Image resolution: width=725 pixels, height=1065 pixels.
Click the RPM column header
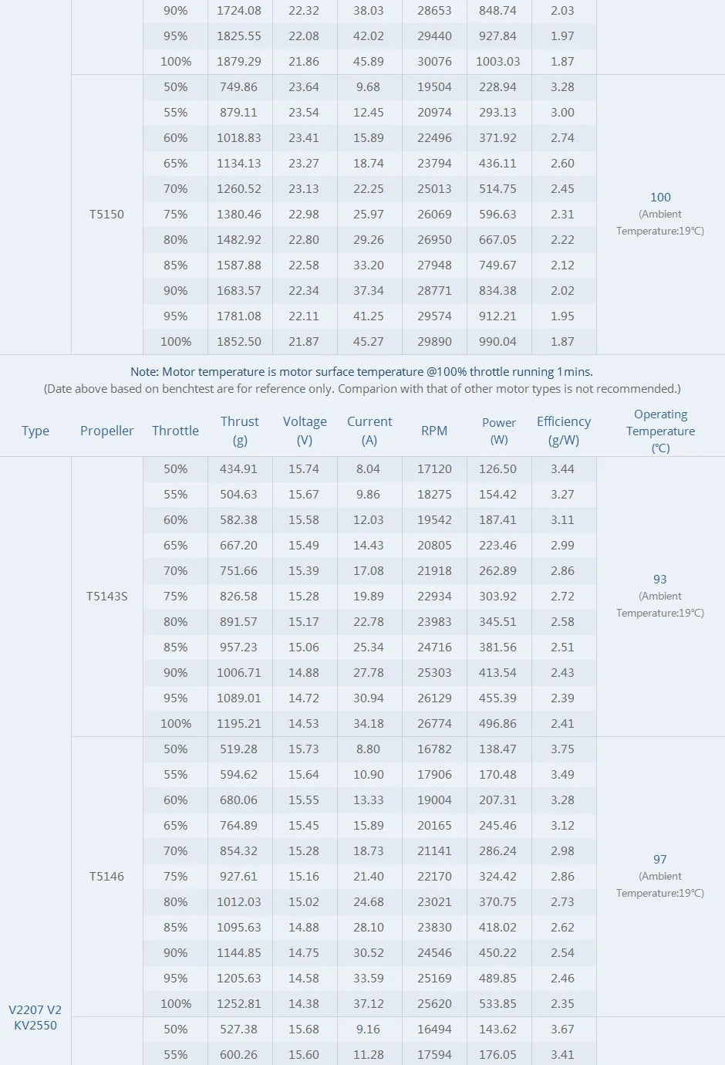coord(434,431)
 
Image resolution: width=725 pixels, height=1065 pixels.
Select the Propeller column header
coord(107,431)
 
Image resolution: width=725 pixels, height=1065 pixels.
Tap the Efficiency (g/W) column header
coord(564,431)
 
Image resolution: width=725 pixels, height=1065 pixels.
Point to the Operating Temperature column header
coord(660,431)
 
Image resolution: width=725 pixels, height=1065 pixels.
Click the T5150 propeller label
coord(106,215)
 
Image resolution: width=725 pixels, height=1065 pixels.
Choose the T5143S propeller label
coord(107,597)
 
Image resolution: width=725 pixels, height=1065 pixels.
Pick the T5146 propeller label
coord(106,877)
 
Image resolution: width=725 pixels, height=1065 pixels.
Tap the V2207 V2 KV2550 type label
coord(35,1017)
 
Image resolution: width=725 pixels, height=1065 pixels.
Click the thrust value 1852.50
coord(239,342)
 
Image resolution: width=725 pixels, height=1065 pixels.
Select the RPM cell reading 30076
coord(434,62)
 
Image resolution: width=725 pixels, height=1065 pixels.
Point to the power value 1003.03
coord(498,62)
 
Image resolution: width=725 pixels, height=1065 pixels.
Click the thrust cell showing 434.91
coord(239,469)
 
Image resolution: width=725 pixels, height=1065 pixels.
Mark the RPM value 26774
coord(434,724)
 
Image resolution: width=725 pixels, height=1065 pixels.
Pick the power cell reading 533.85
coord(498,1004)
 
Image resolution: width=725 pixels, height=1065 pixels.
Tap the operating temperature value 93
coord(660,580)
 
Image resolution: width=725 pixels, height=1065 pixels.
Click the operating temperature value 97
coord(660,860)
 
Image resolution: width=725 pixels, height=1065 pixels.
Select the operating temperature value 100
coord(660,198)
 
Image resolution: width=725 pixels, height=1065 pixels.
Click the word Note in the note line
coord(144,372)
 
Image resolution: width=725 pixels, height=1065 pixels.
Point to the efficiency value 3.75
coord(563,749)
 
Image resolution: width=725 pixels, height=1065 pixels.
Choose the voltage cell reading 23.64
coord(304,87)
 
